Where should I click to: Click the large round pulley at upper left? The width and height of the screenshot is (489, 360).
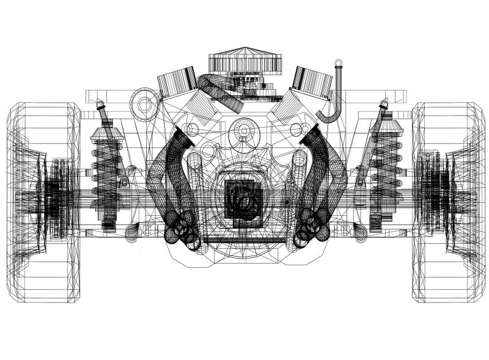point(145,104)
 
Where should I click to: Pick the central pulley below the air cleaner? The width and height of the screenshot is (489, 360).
point(244,131)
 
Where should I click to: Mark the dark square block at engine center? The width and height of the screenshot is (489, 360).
point(243,199)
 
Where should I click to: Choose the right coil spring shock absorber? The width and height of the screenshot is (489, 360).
point(385,171)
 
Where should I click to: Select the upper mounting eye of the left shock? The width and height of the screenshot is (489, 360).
point(101,106)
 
